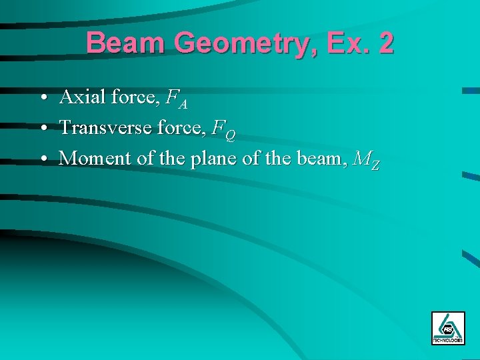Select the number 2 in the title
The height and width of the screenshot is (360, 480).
click(x=385, y=43)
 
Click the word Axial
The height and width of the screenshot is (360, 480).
click(x=83, y=97)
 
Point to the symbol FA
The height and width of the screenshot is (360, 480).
click(x=177, y=99)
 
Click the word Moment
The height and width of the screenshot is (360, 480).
click(x=91, y=159)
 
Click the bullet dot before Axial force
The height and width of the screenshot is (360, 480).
click(x=42, y=99)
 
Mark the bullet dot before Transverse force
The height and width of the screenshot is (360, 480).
click(x=42, y=128)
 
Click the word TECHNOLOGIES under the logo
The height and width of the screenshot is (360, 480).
click(x=447, y=340)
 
